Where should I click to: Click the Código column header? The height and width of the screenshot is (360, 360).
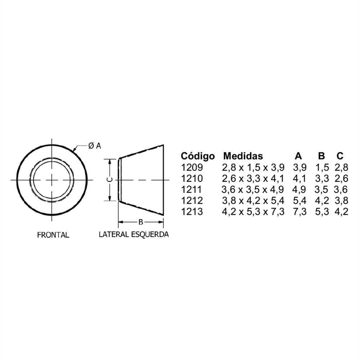pos(198,156)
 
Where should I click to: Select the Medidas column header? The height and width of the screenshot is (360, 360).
pos(243,156)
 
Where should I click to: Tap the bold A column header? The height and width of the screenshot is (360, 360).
pos(298,156)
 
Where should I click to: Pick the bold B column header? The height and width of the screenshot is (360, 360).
pos(321,156)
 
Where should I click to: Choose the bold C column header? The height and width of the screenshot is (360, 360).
pos(340,156)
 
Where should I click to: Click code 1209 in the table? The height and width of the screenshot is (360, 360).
pos(192,167)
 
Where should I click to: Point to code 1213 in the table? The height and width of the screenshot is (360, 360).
pos(192,211)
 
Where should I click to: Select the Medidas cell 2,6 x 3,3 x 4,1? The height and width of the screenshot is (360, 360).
pos(253,179)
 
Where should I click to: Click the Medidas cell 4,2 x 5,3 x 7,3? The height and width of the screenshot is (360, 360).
pos(253,212)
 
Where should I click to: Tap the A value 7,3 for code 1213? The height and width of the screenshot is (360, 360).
pos(300,212)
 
